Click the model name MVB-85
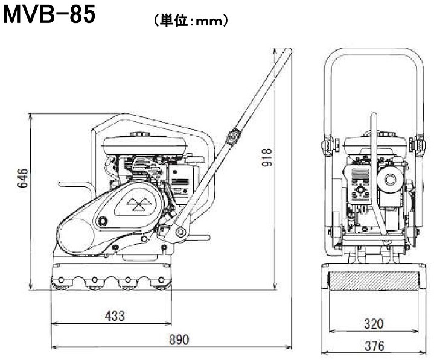coord(49,14)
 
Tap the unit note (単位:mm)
coord(191,21)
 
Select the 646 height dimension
coord(22,177)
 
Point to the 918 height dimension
coord(267,157)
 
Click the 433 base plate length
coord(115,316)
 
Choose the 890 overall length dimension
coord(179,339)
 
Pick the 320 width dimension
coord(374,324)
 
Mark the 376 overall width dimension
coord(374,346)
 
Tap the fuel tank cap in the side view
coord(140,134)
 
